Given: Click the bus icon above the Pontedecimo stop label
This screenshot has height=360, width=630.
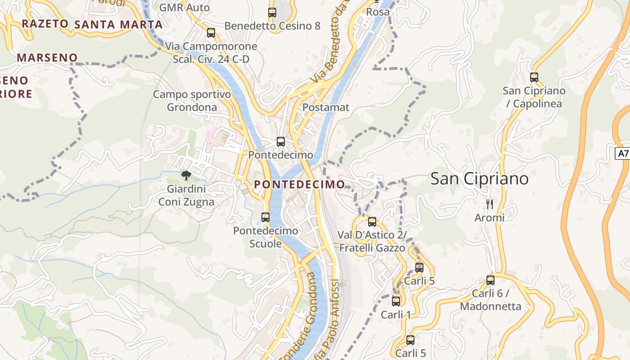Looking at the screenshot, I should tap(281, 142).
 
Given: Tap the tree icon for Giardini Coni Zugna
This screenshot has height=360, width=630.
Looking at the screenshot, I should tap(186, 175).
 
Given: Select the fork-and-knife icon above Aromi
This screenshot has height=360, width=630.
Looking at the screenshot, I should tap(490, 204).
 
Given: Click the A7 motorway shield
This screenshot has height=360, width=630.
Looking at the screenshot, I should tap(623, 153).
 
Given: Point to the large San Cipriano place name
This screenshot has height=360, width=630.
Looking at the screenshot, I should tap(479, 179).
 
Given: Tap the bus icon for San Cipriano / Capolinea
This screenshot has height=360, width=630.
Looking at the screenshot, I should tap(534, 77).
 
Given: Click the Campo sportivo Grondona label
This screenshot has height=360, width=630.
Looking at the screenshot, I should tap(192, 101).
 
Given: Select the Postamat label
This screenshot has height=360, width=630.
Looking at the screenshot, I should tap(326, 108).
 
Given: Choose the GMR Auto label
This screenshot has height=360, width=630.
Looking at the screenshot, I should tap(184, 8).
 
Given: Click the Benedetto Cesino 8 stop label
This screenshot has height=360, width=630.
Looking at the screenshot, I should tap(272, 26).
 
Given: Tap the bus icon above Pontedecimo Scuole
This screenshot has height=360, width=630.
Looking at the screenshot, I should tap(265, 217).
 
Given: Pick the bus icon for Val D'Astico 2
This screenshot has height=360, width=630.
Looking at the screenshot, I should tap(372, 221).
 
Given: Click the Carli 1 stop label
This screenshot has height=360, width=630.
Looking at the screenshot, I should tap(396, 315).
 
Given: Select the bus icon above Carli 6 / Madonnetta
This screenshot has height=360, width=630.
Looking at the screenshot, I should tap(490, 280).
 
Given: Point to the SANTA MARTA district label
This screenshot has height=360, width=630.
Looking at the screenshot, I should tap(118, 24).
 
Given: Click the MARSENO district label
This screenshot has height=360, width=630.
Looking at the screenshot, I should tap(47, 58).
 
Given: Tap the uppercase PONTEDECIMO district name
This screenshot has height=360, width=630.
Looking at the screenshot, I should tap(299, 184).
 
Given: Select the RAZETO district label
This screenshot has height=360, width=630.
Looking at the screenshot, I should tap(45, 24).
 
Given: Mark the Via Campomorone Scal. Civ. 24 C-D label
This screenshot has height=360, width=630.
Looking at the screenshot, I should tap(211, 53).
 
